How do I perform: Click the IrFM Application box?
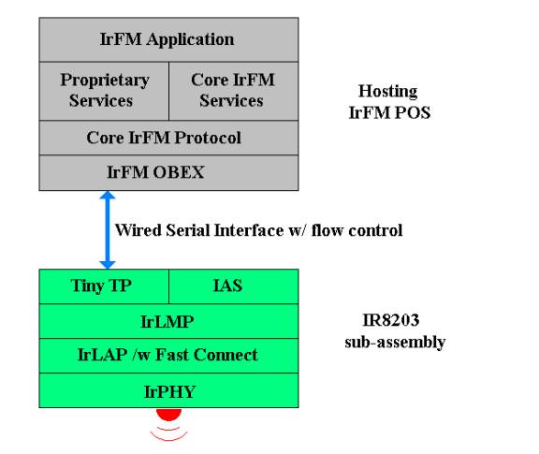(x=168, y=39)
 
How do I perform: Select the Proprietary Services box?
(x=104, y=91)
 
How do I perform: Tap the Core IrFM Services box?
(x=234, y=91)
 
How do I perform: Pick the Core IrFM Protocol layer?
(x=168, y=138)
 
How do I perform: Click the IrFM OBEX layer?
(x=168, y=172)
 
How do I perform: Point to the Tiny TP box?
(x=104, y=286)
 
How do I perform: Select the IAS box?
(x=234, y=286)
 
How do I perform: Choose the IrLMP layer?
(x=168, y=321)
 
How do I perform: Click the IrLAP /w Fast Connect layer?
(x=168, y=356)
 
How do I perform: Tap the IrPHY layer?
(x=168, y=390)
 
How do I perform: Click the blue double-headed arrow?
(x=108, y=229)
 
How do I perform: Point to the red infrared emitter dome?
(x=168, y=414)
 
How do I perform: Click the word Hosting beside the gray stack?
(x=388, y=92)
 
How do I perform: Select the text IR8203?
(x=391, y=320)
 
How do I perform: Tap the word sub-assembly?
(x=395, y=343)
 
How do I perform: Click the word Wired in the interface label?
(x=138, y=230)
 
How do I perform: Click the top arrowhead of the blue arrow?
(x=108, y=195)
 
